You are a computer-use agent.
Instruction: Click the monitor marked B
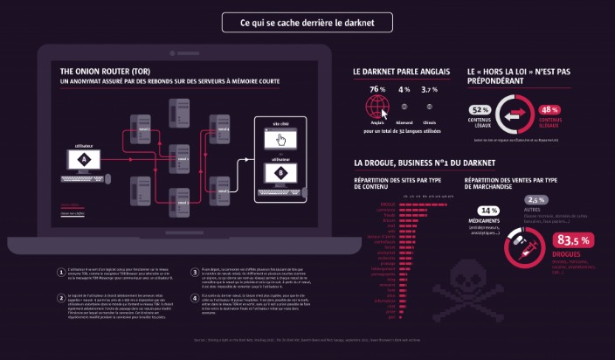click(x=280, y=172)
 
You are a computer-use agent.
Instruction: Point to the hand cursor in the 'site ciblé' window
click(x=280, y=139)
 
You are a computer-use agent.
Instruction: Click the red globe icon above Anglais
click(x=377, y=107)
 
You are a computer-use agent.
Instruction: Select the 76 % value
click(x=377, y=89)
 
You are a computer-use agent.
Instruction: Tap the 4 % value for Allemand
click(x=404, y=89)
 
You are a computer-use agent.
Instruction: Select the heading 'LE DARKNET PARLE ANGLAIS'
click(x=401, y=71)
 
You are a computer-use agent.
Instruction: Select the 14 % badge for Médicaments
click(x=488, y=211)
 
